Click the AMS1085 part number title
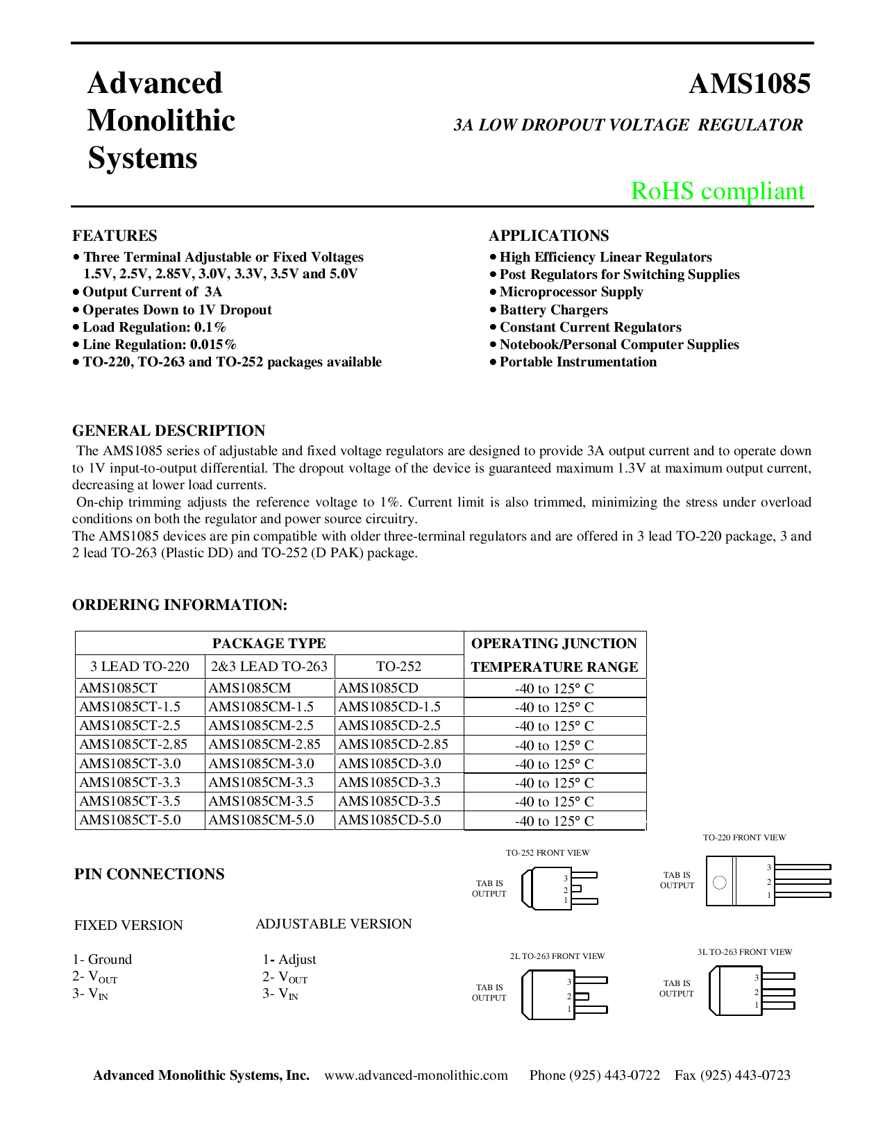749,84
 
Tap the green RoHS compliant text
718,191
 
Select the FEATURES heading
115,235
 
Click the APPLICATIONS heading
548,235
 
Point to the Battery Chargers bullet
553,309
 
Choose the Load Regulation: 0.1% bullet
154,327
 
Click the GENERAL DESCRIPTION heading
169,430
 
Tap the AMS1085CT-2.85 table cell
133,745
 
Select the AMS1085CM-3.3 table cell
261,782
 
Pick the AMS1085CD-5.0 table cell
389,820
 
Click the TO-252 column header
398,666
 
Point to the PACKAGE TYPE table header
269,643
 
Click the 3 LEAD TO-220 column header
140,666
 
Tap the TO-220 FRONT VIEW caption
744,838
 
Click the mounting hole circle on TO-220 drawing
720,883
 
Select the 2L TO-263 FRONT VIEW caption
557,956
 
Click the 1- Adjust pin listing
289,959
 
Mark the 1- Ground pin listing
102,959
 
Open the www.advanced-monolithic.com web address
416,1075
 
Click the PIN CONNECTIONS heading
149,874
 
